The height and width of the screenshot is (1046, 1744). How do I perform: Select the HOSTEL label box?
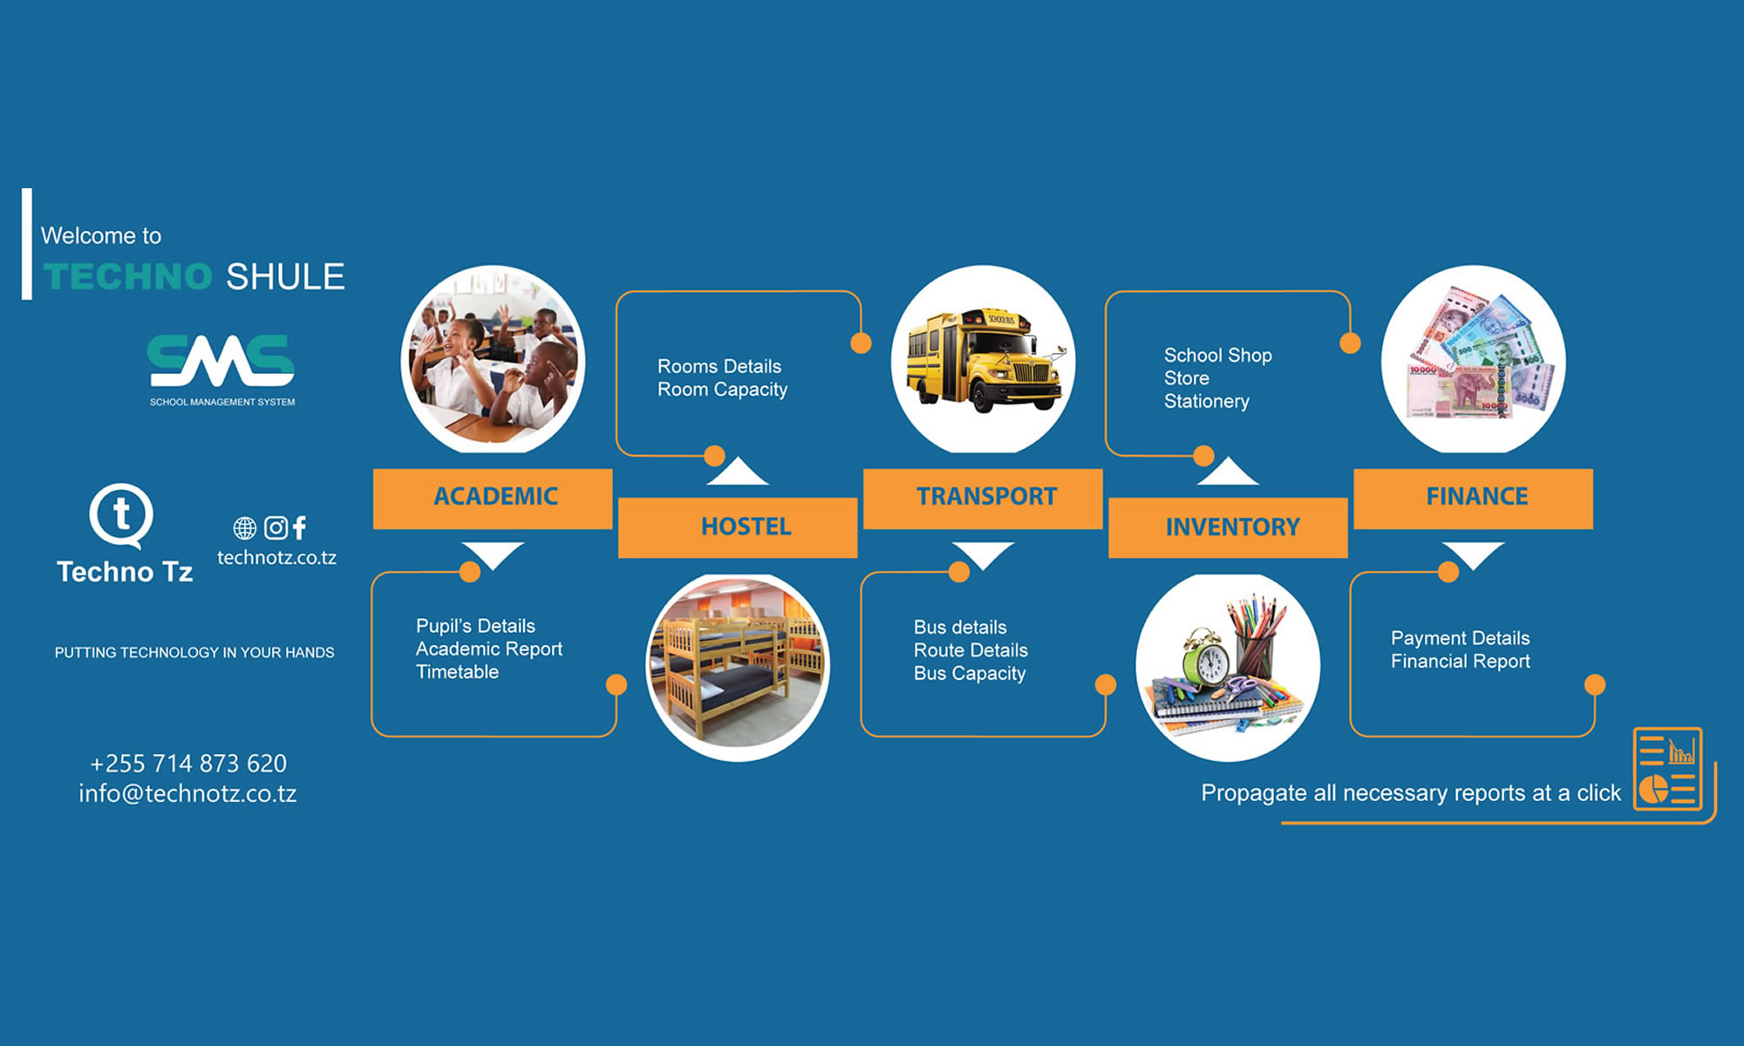coord(738,526)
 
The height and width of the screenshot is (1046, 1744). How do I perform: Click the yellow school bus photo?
coord(983,359)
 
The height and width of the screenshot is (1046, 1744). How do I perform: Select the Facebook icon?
coord(299,527)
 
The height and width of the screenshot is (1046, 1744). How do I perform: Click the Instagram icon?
coord(276,527)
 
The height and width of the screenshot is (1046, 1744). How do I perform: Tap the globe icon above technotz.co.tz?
coord(245,527)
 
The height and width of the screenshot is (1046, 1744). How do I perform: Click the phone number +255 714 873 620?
coord(188,764)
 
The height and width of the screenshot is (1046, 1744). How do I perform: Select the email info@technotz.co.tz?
coord(187,793)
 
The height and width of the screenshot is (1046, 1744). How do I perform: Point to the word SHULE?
coord(285,276)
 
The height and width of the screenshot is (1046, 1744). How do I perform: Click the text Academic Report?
coord(488,649)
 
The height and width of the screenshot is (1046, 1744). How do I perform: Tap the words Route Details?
coord(971,650)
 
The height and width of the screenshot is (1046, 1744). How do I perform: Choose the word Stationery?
coord(1206,401)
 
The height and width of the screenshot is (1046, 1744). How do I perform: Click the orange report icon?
coord(1667,769)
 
